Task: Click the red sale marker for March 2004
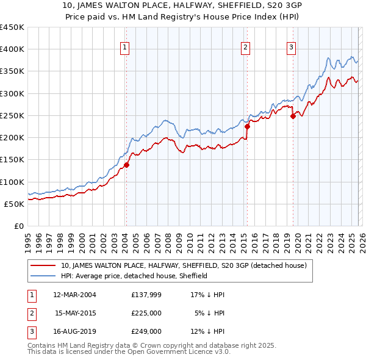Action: pyautogui.click(x=126, y=165)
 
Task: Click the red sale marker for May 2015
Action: pyautogui.click(x=247, y=127)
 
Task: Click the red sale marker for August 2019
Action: pyautogui.click(x=293, y=116)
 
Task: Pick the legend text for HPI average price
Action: pyautogui.click(x=135, y=276)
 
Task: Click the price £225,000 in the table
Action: pyautogui.click(x=146, y=313)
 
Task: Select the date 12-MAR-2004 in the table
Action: pyautogui.click(x=75, y=295)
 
